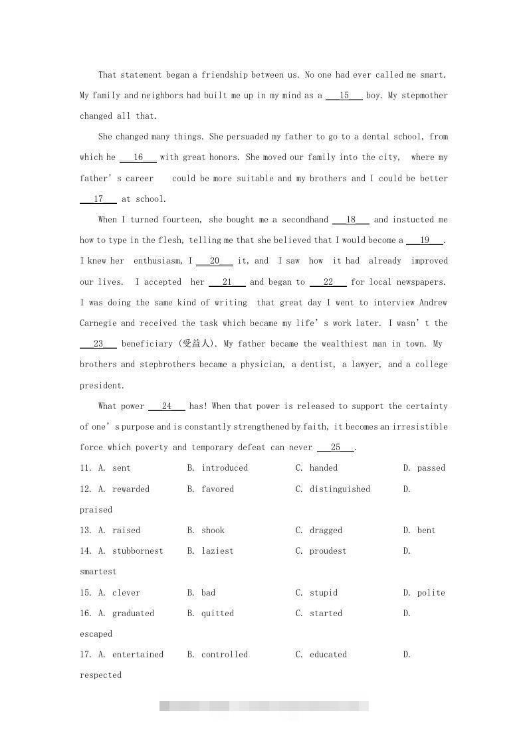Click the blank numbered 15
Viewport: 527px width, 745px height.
(344, 96)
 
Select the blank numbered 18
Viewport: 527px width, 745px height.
(351, 220)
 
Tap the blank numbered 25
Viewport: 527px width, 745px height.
(336, 448)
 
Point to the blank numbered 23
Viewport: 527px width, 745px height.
(98, 344)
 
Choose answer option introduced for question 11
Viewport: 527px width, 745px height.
(225, 468)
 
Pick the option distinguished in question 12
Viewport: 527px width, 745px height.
(340, 489)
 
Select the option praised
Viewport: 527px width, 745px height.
(96, 510)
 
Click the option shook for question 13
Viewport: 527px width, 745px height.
(213, 531)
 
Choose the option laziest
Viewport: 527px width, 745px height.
(218, 551)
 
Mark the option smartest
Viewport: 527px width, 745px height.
(98, 572)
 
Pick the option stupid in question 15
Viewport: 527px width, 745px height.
(324, 593)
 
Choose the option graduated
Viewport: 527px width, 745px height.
(133, 614)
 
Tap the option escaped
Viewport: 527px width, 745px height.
(96, 634)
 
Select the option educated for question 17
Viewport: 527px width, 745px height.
(328, 655)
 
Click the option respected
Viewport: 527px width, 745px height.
(101, 675)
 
